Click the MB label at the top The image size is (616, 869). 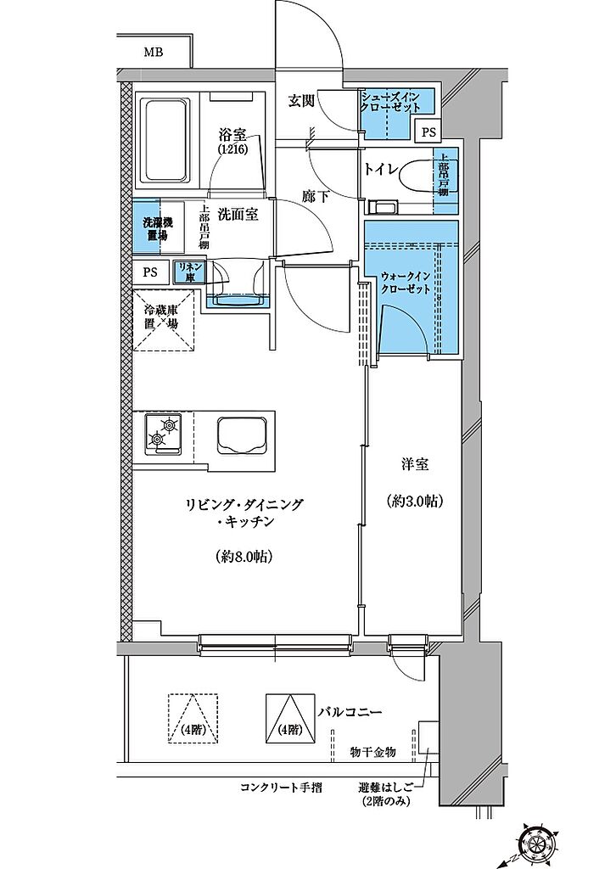click(x=153, y=53)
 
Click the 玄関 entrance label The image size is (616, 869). click(x=301, y=101)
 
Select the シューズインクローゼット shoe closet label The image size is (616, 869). click(x=396, y=101)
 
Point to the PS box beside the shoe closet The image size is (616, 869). click(x=429, y=132)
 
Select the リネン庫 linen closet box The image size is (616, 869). click(x=188, y=272)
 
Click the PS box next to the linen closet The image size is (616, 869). click(x=150, y=272)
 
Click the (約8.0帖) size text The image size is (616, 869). click(x=242, y=557)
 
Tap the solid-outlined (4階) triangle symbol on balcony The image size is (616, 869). click(x=288, y=720)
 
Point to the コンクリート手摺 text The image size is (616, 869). click(x=280, y=787)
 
